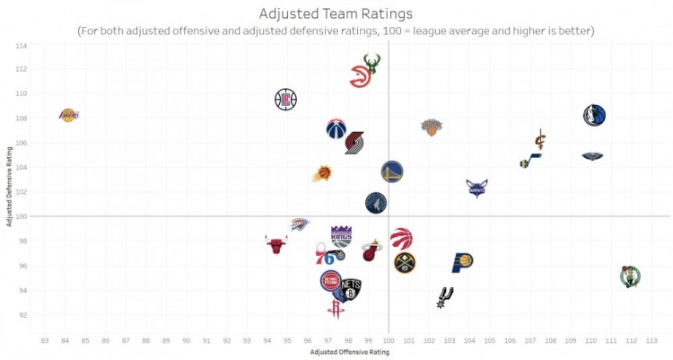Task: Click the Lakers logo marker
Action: click(68, 115)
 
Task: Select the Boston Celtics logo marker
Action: click(631, 276)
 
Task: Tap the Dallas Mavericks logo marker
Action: click(594, 115)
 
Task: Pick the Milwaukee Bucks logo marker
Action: click(371, 63)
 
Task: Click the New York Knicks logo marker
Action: click(433, 127)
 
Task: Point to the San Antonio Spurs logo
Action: click(444, 297)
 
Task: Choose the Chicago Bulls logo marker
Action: click(276, 244)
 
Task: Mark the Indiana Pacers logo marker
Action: click(462, 262)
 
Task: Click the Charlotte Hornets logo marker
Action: click(477, 188)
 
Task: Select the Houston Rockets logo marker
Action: click(336, 309)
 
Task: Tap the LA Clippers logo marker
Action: click(285, 99)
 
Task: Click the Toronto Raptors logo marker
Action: click(401, 239)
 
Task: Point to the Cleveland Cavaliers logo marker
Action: click(540, 139)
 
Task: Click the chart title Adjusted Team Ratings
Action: click(336, 13)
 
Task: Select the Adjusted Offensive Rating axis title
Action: click(349, 352)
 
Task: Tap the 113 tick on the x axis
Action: click(651, 340)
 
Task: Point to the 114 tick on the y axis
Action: click(22, 45)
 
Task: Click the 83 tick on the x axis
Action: click(45, 340)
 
